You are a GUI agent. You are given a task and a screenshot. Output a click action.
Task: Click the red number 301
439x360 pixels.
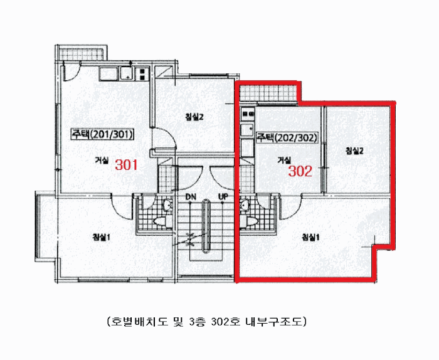pyautogui.click(x=127, y=165)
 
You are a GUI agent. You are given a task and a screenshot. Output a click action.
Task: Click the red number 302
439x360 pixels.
pyautogui.click(x=300, y=171)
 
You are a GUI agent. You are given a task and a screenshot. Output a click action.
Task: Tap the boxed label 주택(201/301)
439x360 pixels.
pyautogui.click(x=102, y=134)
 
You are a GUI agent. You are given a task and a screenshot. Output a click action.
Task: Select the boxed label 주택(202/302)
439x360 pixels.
pyautogui.click(x=287, y=138)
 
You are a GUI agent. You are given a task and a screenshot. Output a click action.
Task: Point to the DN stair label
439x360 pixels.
pyautogui.click(x=191, y=197)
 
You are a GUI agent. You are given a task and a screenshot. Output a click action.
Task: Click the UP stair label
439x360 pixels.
pyautogui.click(x=223, y=197)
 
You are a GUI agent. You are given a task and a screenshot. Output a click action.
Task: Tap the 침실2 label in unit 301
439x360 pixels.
pyautogui.click(x=194, y=117)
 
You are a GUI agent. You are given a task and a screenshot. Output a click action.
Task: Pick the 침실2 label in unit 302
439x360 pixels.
pyautogui.click(x=354, y=151)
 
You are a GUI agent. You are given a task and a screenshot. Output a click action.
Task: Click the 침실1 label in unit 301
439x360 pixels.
pyautogui.click(x=102, y=238)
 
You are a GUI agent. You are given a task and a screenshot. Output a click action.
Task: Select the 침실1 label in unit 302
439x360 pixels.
pyautogui.click(x=310, y=238)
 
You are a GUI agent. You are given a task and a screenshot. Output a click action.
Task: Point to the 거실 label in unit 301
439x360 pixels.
pyautogui.click(x=102, y=161)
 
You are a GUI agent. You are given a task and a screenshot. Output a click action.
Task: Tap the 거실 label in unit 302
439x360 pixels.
pyautogui.click(x=284, y=160)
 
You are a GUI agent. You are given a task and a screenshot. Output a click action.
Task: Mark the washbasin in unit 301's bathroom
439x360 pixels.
pyautogui.click(x=167, y=205)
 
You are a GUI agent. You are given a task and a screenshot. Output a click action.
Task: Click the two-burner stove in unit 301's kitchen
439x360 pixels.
pyautogui.click(x=142, y=73)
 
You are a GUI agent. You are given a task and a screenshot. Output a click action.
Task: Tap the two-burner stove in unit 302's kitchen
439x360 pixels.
pyautogui.click(x=248, y=114)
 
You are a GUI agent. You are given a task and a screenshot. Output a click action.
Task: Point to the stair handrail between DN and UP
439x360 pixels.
pyautogui.click(x=206, y=226)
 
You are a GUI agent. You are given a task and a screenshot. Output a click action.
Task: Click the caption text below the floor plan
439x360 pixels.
pyautogui.click(x=207, y=322)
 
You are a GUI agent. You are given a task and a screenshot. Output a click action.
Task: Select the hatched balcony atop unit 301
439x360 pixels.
pyautogui.click(x=81, y=54)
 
